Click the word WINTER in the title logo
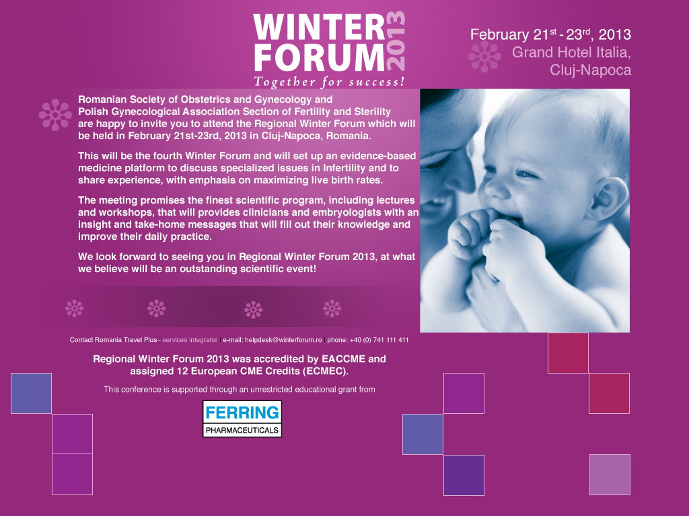[318, 28]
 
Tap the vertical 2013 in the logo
[396, 41]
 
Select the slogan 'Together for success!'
[329, 83]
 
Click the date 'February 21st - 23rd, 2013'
[550, 34]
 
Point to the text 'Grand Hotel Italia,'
[571, 52]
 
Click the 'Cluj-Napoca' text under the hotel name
[590, 70]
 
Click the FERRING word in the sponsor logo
[242, 412]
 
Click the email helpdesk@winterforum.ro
[283, 340]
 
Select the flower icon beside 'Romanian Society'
[55, 114]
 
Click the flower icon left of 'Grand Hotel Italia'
[484, 56]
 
